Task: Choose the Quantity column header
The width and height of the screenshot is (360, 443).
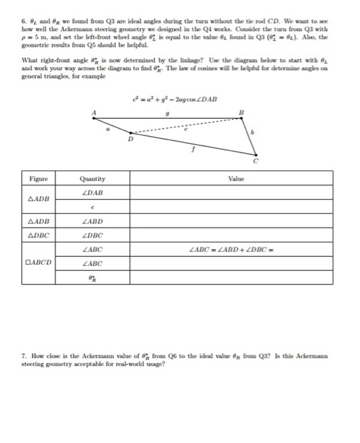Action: click(x=93, y=179)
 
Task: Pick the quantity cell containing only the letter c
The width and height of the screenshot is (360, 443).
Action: click(x=93, y=206)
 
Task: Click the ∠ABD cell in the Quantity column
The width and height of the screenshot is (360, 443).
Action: click(x=93, y=221)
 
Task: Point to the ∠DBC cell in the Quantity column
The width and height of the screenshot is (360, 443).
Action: click(x=93, y=235)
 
